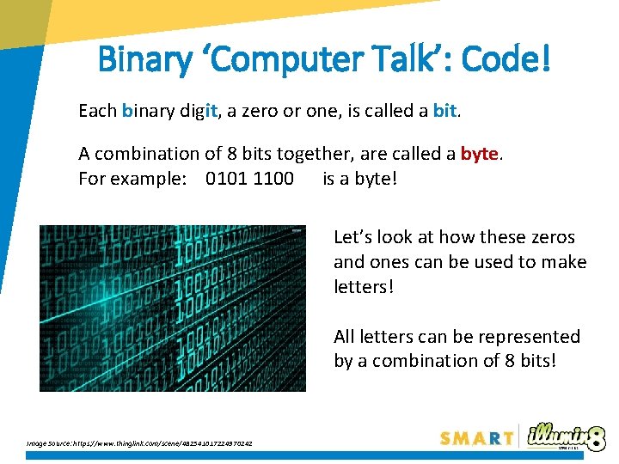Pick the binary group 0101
[x=227, y=179]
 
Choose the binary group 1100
[x=273, y=179]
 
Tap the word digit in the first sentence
[x=203, y=111]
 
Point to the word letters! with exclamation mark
[x=364, y=286]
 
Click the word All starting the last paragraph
[x=346, y=337]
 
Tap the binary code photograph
[x=172, y=308]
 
